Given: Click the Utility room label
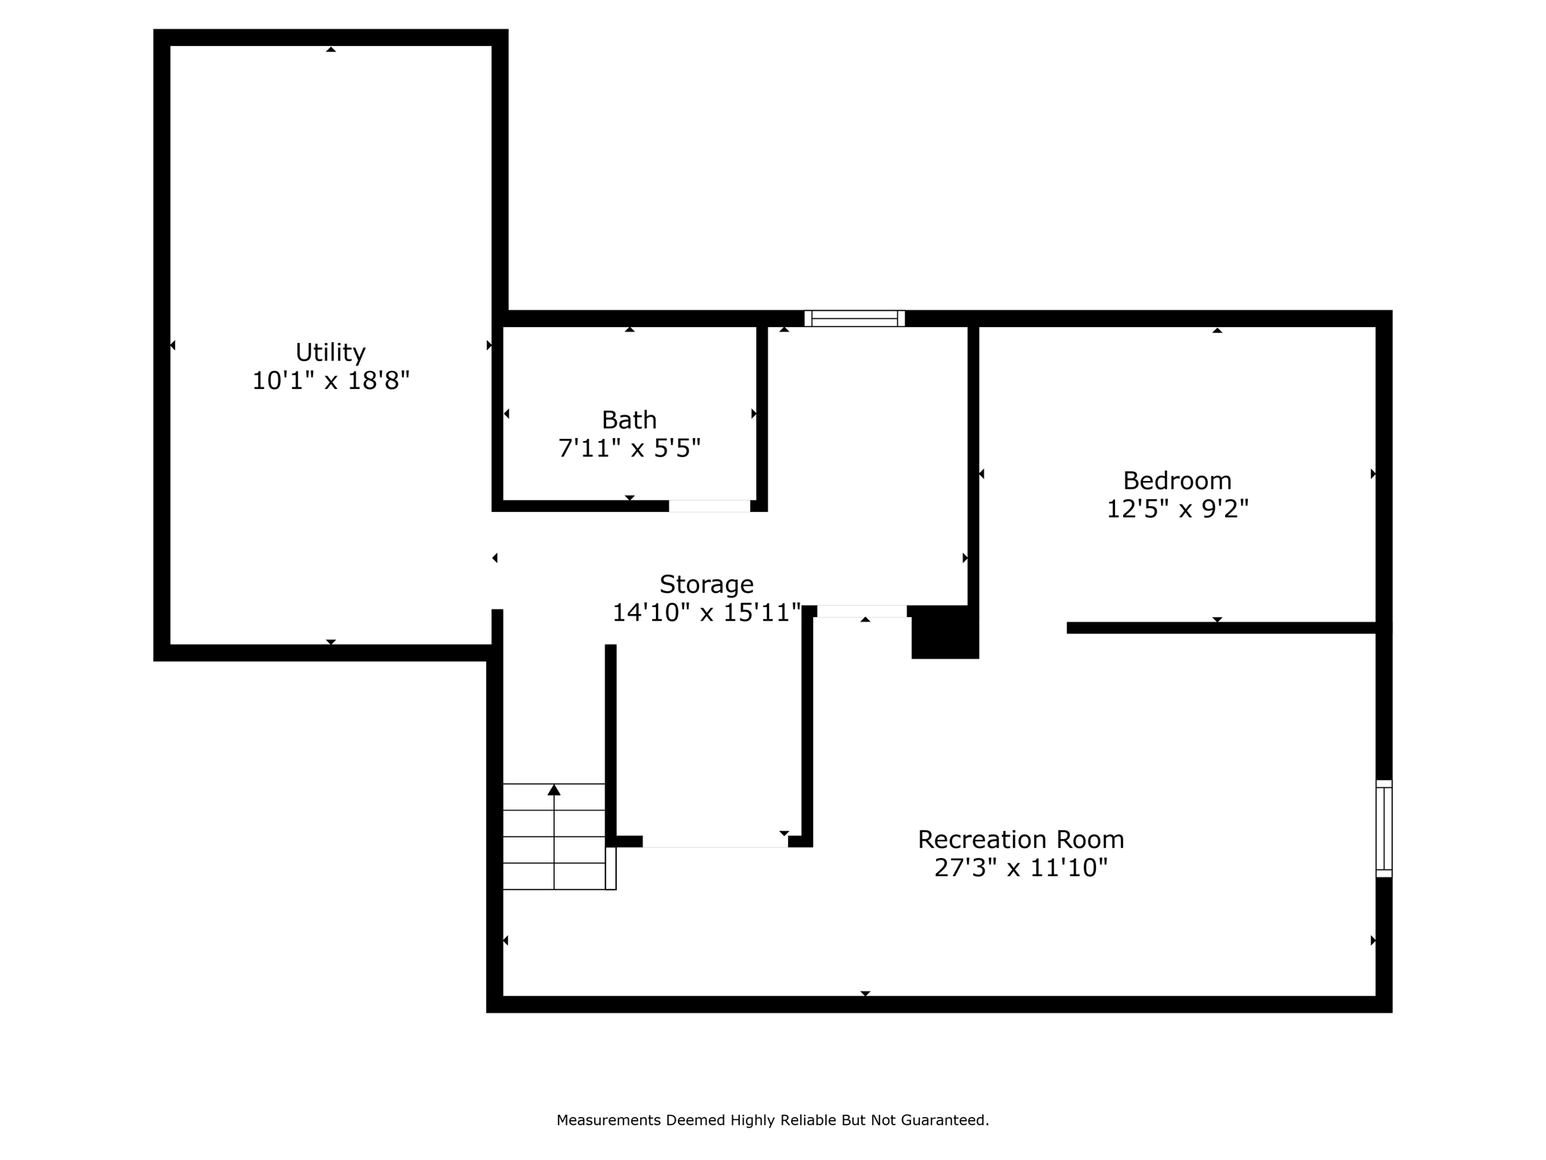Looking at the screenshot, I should [x=330, y=353].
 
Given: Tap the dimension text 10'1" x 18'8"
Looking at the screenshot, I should [x=330, y=381].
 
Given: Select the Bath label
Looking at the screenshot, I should [x=629, y=420].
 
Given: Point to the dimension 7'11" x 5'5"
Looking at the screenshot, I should [x=629, y=449].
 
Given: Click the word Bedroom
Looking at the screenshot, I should [x=1177, y=480].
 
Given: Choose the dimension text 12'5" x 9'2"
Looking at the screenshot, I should [x=1177, y=509].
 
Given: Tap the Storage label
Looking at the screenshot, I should [x=707, y=584].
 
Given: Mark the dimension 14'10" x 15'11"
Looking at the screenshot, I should [x=707, y=612].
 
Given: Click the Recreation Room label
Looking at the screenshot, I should [x=1021, y=839].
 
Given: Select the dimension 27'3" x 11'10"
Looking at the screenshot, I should [x=1021, y=868].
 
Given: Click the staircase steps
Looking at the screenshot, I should [x=554, y=850].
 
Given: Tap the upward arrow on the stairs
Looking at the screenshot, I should [x=554, y=790].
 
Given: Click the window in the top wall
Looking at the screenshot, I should [x=855, y=318].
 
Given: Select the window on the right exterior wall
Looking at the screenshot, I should [x=1383, y=828].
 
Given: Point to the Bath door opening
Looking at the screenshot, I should [x=709, y=506].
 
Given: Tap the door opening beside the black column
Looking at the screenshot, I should [x=861, y=611].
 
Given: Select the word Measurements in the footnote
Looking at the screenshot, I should [x=608, y=1120].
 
